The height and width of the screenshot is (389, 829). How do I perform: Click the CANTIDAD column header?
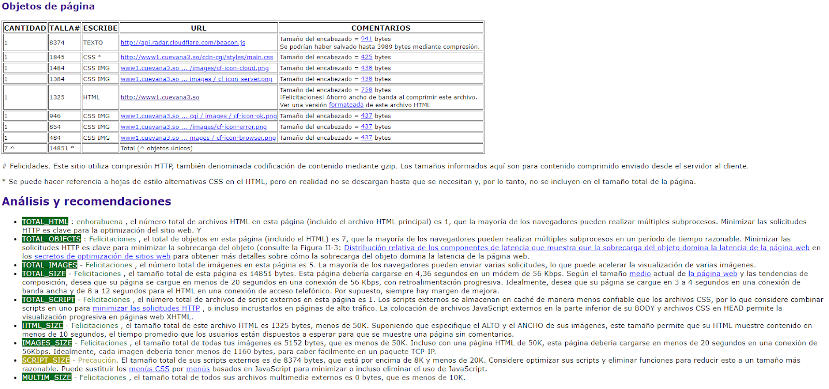click(x=25, y=28)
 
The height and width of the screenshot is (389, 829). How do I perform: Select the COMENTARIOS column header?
click(x=380, y=28)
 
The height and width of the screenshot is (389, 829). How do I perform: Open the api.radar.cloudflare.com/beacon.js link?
click(x=183, y=42)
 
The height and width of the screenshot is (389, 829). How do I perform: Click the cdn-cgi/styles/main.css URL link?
click(x=197, y=57)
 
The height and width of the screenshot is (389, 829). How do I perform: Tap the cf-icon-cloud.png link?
click(x=195, y=68)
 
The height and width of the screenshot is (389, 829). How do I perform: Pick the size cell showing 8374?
click(x=57, y=42)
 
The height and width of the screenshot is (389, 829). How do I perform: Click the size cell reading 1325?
click(x=57, y=97)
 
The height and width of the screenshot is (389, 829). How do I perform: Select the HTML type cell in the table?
click(x=92, y=97)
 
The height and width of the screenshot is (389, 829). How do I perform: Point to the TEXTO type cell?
click(x=93, y=42)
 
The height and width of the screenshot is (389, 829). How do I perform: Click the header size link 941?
click(x=366, y=39)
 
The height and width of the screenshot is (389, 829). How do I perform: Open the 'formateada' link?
click(x=346, y=105)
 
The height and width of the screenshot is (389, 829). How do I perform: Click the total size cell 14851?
click(x=59, y=148)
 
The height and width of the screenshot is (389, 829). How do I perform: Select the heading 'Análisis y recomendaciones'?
click(x=87, y=201)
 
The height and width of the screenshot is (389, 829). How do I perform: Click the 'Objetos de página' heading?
click(x=48, y=6)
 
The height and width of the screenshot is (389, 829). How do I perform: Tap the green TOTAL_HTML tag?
click(x=45, y=222)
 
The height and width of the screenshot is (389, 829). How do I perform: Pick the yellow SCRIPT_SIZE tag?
click(x=46, y=360)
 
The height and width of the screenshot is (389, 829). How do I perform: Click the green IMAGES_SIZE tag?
click(x=47, y=343)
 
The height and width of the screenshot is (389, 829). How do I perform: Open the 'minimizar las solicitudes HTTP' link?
click(x=146, y=308)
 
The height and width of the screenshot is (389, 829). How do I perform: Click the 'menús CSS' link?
click(x=149, y=369)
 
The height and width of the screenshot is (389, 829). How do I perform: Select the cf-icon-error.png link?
click(x=194, y=127)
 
